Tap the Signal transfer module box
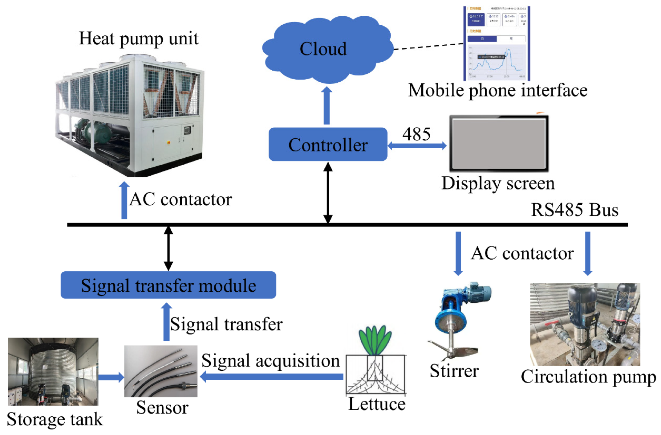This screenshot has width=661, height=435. point(168,285)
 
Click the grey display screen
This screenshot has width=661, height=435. point(499,143)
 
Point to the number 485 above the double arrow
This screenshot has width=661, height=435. point(416,134)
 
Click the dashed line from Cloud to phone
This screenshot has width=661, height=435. point(428,46)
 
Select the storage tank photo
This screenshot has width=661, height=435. point(53,371)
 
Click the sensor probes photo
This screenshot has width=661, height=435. point(160,371)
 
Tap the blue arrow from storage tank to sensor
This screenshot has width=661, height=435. point(111,377)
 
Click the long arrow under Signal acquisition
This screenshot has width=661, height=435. point(271,376)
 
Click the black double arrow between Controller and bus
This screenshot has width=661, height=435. point(328,192)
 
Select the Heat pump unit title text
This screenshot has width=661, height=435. point(139,39)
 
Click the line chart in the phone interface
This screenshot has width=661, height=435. point(497,62)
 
